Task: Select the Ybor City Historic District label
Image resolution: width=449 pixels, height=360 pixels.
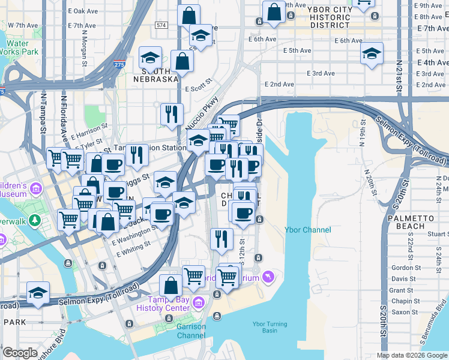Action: click(328, 17)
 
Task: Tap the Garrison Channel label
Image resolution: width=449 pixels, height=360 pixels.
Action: click(191, 331)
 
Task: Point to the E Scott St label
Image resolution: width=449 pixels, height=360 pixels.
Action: click(199, 85)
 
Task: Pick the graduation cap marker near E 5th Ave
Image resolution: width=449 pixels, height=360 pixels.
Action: click(372, 54)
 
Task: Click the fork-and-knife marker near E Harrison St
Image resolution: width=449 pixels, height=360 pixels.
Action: click(172, 113)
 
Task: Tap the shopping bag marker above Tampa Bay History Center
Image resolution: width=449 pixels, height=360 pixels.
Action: click(170, 285)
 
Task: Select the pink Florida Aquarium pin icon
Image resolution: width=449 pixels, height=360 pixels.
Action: click(268, 277)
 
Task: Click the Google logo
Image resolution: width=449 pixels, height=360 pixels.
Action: click(20, 353)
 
